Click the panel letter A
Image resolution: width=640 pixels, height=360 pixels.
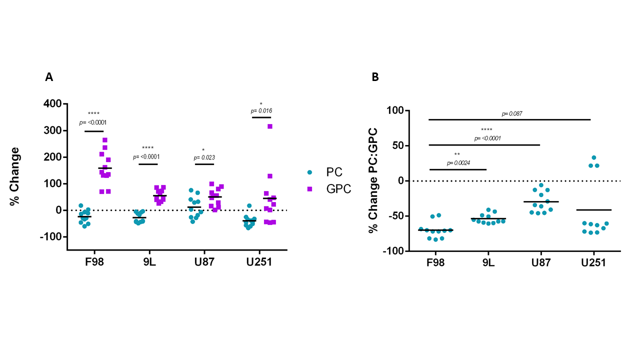49,77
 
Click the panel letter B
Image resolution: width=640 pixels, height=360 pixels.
375,77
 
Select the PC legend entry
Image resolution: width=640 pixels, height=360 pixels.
334,172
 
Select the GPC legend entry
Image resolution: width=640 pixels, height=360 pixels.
338,189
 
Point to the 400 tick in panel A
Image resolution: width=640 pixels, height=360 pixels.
52,104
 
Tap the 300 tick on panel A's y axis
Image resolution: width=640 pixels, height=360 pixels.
52,130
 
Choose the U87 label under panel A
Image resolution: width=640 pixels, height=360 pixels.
203,262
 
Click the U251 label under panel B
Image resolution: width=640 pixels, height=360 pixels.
593,262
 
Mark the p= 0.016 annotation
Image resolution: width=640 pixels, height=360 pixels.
261,110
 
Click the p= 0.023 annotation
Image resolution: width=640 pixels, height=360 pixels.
204,158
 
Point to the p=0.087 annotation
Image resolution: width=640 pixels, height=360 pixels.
512,114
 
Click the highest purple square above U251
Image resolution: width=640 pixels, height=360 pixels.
270,126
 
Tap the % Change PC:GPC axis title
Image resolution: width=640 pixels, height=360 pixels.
372,180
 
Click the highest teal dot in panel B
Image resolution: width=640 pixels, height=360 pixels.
594,157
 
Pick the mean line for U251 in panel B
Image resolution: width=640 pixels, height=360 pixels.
596,209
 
